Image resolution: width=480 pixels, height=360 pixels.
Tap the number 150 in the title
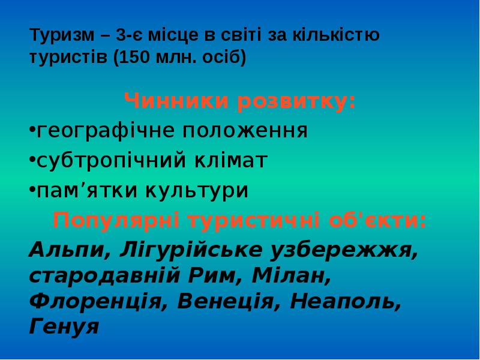[x=137, y=59]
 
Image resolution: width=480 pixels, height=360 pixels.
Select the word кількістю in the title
[x=335, y=36]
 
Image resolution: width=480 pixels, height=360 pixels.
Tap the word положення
[x=246, y=130]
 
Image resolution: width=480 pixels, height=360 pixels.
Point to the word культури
[x=194, y=190]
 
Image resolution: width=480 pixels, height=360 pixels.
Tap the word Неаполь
[x=346, y=301]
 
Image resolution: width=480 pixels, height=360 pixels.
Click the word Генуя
[x=64, y=326]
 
